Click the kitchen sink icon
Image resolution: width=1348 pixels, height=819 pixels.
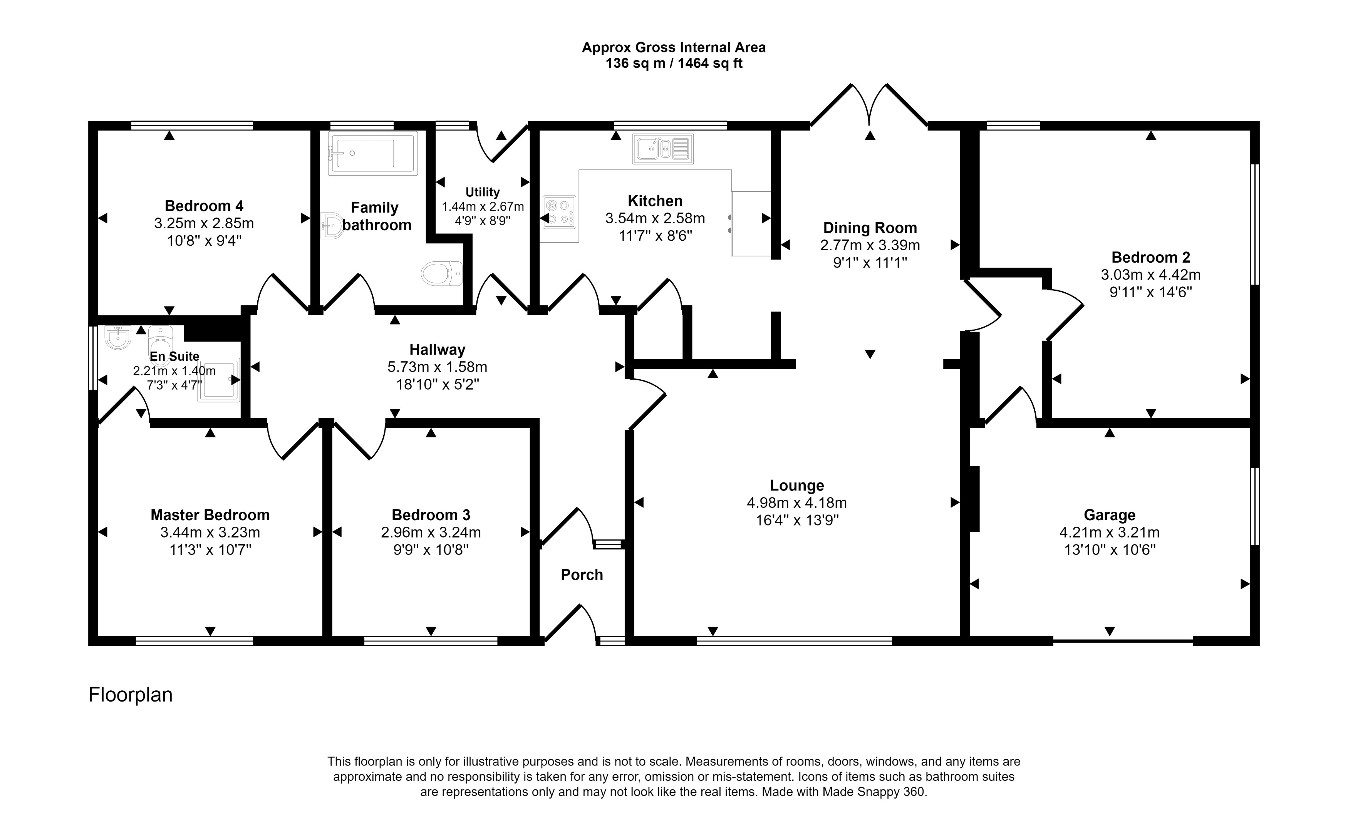pos(662,149)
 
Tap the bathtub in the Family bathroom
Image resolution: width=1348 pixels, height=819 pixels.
pos(372,153)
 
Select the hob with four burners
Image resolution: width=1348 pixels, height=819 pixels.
pos(559,212)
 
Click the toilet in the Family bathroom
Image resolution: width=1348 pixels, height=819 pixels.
pos(442,273)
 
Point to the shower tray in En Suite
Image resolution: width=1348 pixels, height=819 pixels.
pos(219,380)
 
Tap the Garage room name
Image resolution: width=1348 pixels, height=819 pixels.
pos(1110,515)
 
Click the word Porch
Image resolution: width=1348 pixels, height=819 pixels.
pos(582,574)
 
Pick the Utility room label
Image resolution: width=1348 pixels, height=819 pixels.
pos(482,192)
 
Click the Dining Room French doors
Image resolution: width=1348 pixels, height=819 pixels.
pos(869,107)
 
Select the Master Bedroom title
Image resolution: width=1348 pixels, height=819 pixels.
pos(210,515)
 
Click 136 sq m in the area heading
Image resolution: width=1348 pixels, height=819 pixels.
pos(635,64)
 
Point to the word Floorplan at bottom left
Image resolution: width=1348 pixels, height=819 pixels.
pos(130,694)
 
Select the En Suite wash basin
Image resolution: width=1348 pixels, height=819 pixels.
pos(117,338)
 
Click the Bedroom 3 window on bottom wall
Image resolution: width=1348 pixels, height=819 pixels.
pos(431,641)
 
